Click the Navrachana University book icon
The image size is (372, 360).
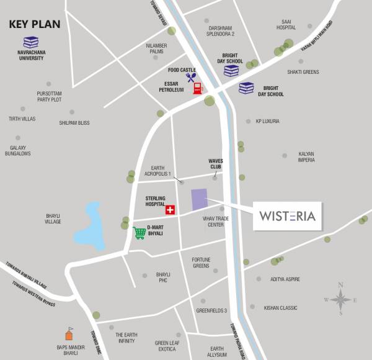(x=31, y=43)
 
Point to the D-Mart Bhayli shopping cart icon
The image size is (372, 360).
(x=139, y=233)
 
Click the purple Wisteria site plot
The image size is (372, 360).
(x=199, y=200)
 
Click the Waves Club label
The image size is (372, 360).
(x=215, y=163)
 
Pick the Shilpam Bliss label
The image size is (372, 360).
(x=74, y=123)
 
